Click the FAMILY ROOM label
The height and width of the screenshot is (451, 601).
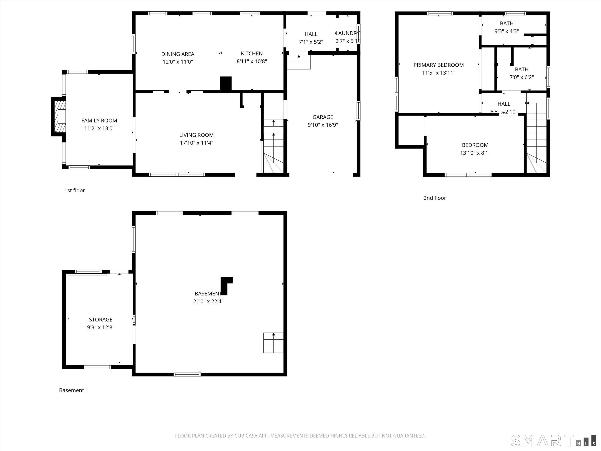pyautogui.click(x=99, y=120)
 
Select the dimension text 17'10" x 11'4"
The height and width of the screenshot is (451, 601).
pyautogui.click(x=197, y=143)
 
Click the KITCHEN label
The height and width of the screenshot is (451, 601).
pyautogui.click(x=252, y=54)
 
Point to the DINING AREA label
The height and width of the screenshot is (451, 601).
pyautogui.click(x=178, y=54)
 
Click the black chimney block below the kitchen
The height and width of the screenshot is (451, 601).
pyautogui.click(x=226, y=84)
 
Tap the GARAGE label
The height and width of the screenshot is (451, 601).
pyautogui.click(x=323, y=117)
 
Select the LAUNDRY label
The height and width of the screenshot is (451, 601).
pyautogui.click(x=348, y=33)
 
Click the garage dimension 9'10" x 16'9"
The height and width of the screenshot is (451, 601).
pyautogui.click(x=323, y=125)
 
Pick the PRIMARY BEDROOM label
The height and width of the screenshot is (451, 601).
pyautogui.click(x=439, y=65)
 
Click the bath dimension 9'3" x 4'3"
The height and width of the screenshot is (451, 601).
pyautogui.click(x=506, y=31)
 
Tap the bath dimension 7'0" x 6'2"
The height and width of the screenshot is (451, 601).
pyautogui.click(x=521, y=77)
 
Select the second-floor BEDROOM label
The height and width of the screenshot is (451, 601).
pyautogui.click(x=475, y=145)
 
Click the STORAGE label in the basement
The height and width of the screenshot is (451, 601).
pyautogui.click(x=101, y=320)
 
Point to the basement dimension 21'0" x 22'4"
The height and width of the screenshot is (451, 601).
pyautogui.click(x=208, y=301)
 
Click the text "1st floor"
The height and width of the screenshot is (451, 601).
pyautogui.click(x=75, y=191)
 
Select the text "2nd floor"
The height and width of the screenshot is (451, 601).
pyautogui.click(x=435, y=198)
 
